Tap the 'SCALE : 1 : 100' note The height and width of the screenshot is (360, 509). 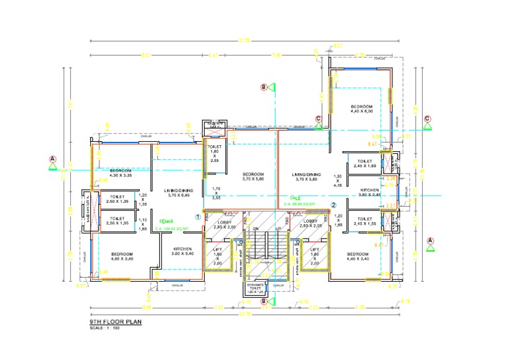104,328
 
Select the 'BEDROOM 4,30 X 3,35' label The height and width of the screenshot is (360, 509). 120,173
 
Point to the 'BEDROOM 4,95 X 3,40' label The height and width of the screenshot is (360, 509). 122,257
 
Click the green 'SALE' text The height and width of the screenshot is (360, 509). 295,198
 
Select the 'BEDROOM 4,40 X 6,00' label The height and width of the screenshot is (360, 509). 361,109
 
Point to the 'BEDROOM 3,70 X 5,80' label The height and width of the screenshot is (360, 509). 253,177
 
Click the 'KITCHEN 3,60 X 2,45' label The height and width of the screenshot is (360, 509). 369,192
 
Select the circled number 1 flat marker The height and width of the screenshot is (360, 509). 198,217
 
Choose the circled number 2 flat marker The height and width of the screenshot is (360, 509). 334,206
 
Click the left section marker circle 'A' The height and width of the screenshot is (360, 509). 52,159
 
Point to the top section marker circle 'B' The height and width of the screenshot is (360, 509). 263,87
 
